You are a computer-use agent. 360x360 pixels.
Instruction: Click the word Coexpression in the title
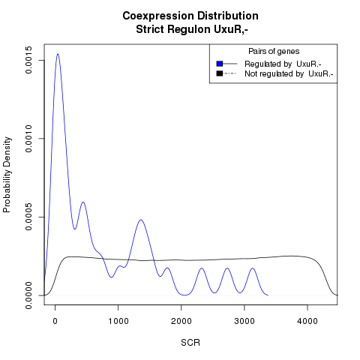coord(158,16)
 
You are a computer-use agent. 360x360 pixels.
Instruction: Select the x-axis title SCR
coord(190,343)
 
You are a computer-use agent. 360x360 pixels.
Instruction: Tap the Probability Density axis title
coord(7,175)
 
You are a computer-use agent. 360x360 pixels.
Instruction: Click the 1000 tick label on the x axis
coord(118,321)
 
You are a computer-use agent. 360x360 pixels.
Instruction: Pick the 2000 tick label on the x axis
coord(181,321)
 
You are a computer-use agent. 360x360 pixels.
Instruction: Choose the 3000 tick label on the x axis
coord(244,321)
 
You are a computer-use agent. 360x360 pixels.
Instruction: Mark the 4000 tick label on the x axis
coord(307,321)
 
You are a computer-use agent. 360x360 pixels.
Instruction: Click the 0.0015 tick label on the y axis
coord(29,60)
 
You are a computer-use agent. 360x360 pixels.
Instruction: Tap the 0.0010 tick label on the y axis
coord(29,139)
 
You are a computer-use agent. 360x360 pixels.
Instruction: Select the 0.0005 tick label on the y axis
coord(29,217)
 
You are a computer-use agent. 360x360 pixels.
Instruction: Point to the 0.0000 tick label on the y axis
coord(29,295)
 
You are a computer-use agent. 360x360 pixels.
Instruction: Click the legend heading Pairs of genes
coord(274,52)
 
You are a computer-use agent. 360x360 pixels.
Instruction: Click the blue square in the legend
coord(220,64)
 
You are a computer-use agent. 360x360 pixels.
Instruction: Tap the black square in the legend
coord(220,73)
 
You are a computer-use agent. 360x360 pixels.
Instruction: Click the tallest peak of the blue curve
coord(58,54)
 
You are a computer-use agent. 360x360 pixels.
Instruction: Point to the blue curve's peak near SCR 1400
coord(141,220)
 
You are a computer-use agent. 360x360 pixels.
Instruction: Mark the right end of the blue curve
coord(268,295)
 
